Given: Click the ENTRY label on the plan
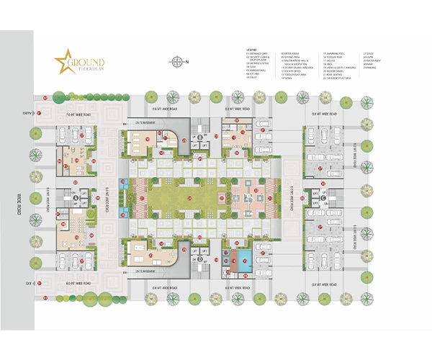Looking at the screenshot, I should (27, 114).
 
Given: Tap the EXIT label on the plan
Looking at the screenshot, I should (28, 284).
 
